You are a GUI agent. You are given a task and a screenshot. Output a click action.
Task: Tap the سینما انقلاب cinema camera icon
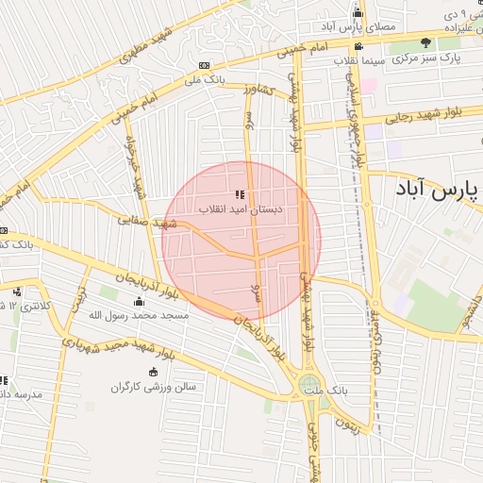[358, 46]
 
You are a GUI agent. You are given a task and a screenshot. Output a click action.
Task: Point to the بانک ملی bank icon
[205, 64]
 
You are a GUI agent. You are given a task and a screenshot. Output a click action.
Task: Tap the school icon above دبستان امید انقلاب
[253, 193]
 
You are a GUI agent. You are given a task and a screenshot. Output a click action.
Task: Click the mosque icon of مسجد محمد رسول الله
[140, 302]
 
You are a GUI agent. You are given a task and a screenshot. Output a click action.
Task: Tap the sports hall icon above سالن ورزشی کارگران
[153, 372]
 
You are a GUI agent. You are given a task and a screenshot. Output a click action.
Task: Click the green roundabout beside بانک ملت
[308, 384]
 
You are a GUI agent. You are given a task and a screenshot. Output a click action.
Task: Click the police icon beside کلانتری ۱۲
[18, 291]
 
